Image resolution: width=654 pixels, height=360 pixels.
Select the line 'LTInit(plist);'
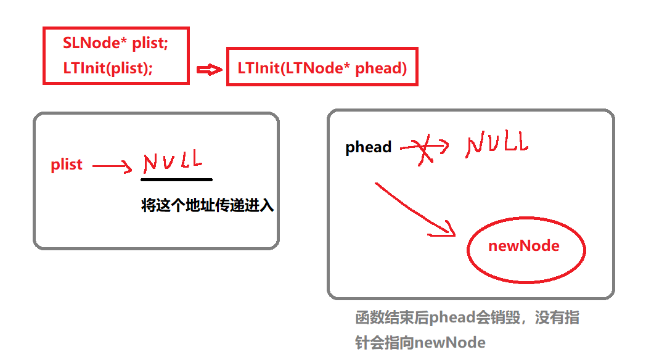(x=108, y=68)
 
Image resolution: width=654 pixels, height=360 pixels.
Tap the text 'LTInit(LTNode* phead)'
(x=322, y=68)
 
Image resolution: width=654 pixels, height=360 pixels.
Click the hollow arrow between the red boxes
(x=208, y=69)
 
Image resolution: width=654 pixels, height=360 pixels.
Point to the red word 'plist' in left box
(x=67, y=165)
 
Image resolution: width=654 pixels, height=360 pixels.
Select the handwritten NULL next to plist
(x=173, y=162)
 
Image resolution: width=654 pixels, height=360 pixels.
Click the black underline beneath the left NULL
(x=176, y=179)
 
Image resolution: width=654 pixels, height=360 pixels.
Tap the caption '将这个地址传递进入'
(x=207, y=206)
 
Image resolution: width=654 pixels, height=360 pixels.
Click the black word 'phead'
(x=369, y=147)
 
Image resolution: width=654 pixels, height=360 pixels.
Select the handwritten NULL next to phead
(x=497, y=144)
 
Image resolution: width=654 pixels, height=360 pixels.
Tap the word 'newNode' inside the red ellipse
(x=523, y=246)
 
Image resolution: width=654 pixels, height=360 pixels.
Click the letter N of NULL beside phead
(x=475, y=145)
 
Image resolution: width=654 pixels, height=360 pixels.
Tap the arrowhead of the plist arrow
(x=128, y=166)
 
